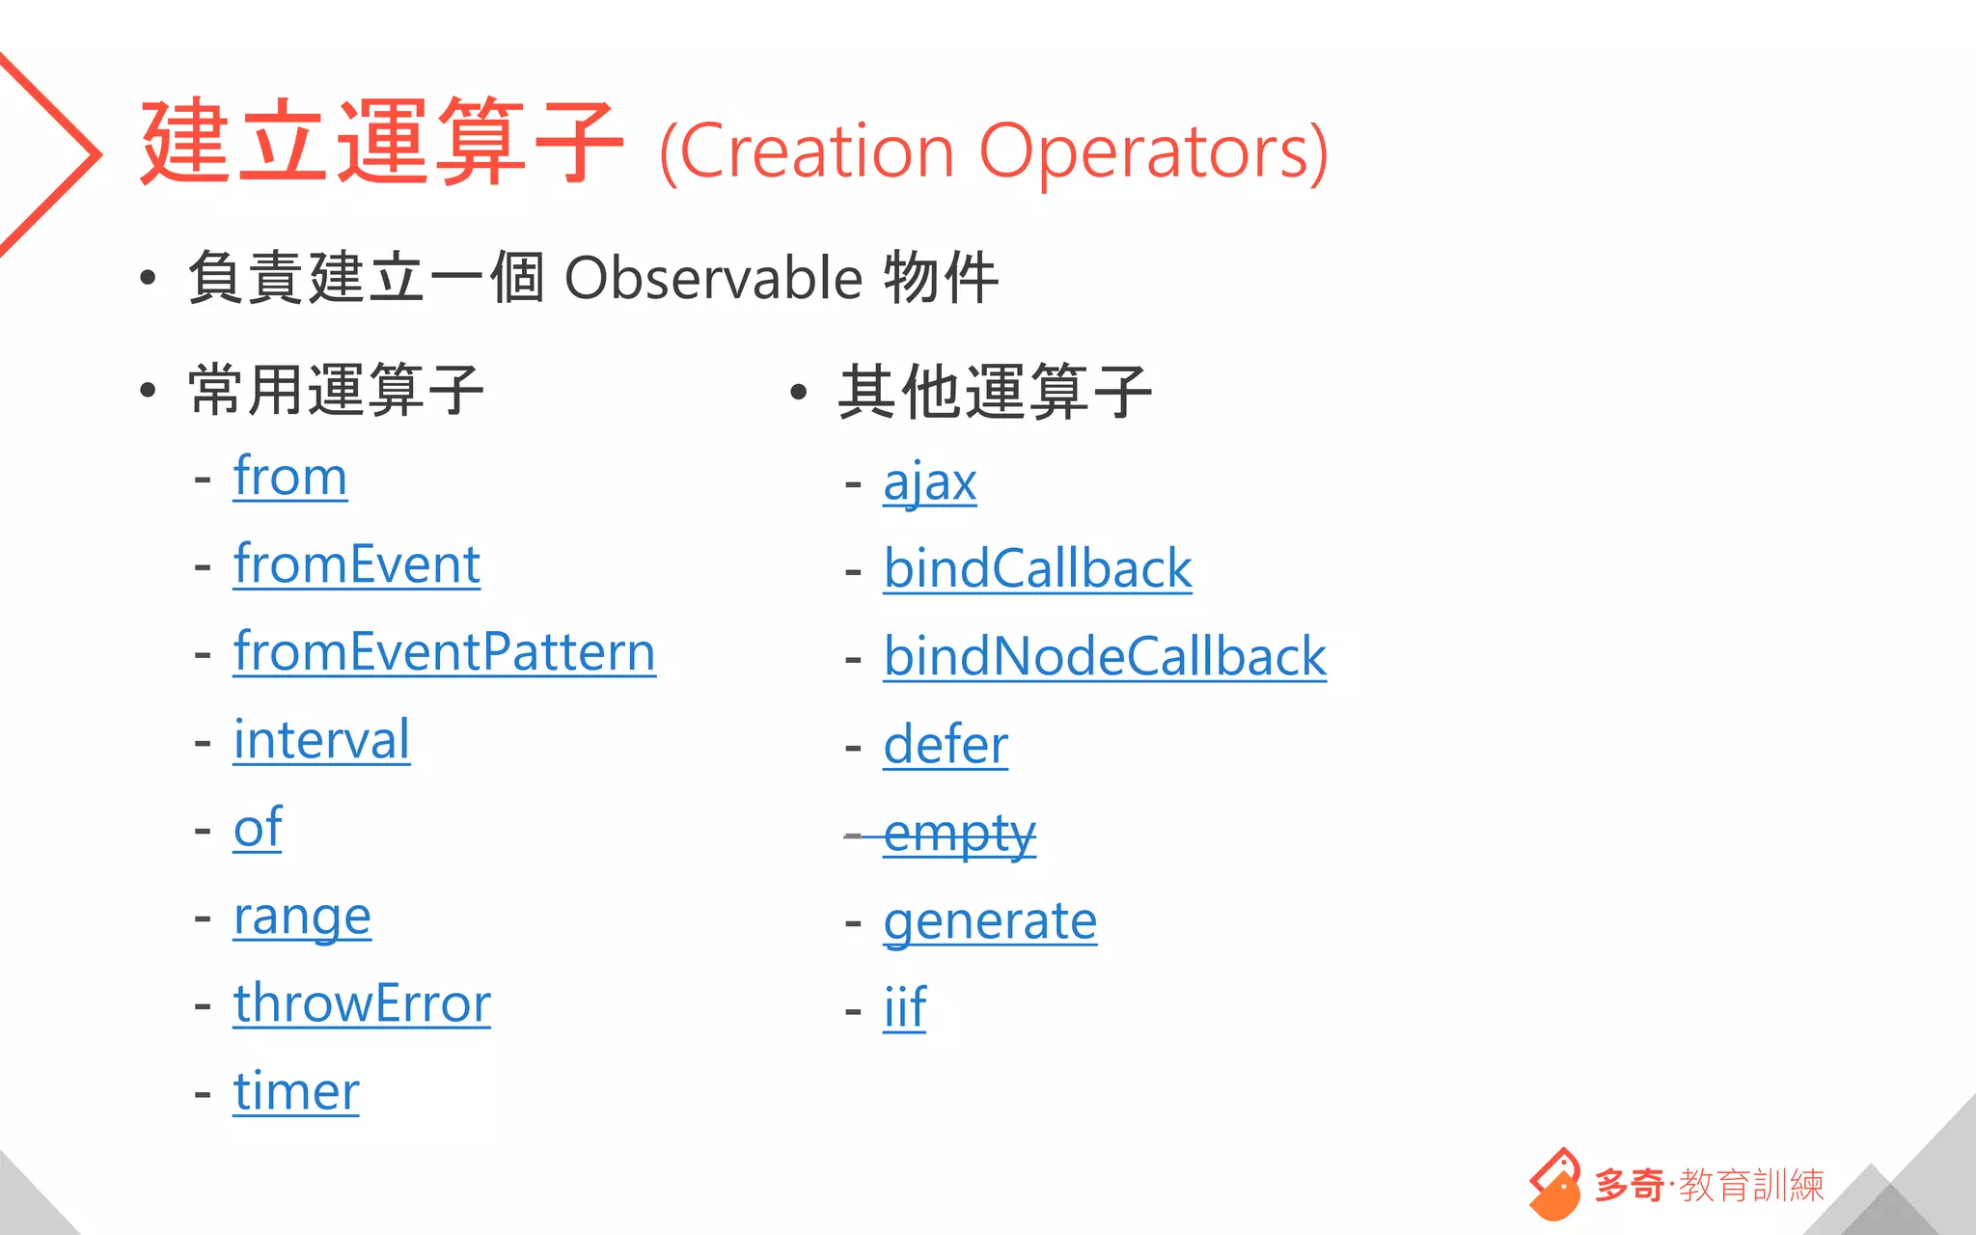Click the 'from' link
pos(289,478)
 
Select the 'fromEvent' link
pos(356,565)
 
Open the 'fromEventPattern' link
pos(444,653)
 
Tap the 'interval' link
pos(321,741)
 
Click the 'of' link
pos(258,829)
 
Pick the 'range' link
pos(302,917)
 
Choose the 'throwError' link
pos(362,1004)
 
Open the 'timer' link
pos(296,1092)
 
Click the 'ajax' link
pos(929,482)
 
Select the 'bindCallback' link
pos(1037,569)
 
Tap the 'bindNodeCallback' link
pos(1105,658)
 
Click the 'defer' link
pos(946,746)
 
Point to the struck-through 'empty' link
pos(959,834)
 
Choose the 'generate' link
pos(990,921)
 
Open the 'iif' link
pos(905,1009)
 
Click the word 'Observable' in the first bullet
pos(713,279)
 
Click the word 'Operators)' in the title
pos(1153,152)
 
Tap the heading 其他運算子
pos(994,392)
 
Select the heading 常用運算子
pos(336,391)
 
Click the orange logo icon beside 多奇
pos(1554,1185)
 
